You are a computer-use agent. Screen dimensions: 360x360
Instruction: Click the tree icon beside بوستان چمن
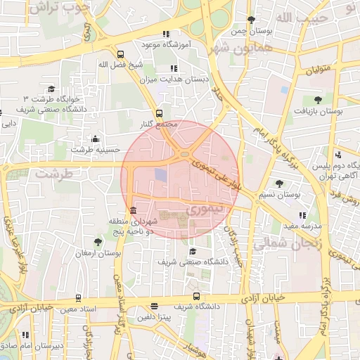[x=252, y=20]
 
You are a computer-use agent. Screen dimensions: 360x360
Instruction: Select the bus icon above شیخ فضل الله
[x=120, y=53]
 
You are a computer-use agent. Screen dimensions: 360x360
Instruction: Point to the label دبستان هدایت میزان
[x=179, y=80]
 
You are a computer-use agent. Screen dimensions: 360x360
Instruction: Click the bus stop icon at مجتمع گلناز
[x=159, y=112]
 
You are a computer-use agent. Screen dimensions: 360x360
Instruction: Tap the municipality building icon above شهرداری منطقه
[x=133, y=210]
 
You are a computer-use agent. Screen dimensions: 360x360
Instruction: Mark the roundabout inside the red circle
[x=185, y=155]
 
